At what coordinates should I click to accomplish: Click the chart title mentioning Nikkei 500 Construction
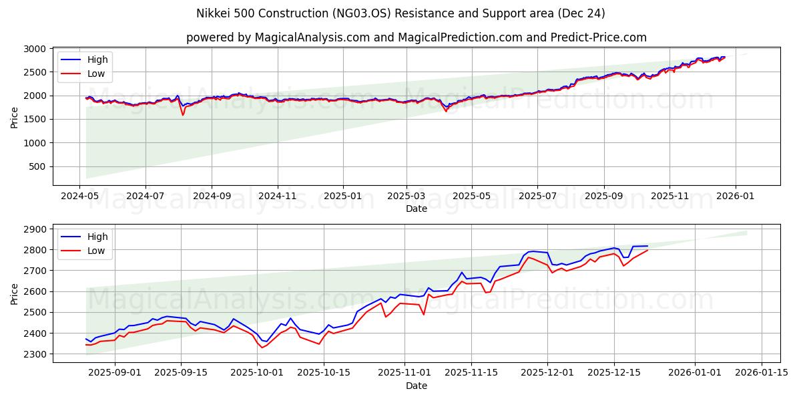pyautogui.click(x=400, y=13)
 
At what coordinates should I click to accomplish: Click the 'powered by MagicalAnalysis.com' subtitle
pyautogui.click(x=416, y=37)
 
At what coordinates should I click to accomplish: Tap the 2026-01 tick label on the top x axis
pyautogui.click(x=736, y=197)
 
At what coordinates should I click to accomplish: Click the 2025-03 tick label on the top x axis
pyautogui.click(x=407, y=197)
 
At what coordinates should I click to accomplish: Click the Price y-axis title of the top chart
pyautogui.click(x=15, y=118)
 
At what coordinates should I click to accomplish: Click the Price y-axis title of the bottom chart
pyautogui.click(x=15, y=294)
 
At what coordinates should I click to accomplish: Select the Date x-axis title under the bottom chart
pyautogui.click(x=416, y=386)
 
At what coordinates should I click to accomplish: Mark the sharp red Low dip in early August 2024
pyautogui.click(x=183, y=115)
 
